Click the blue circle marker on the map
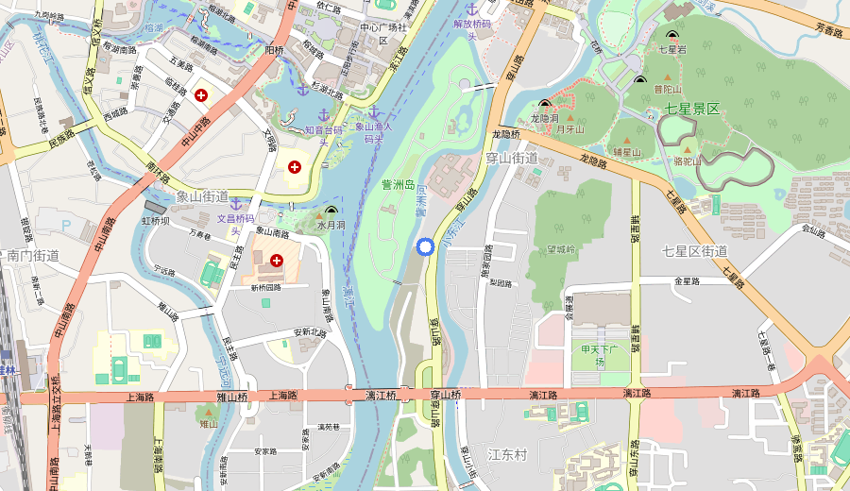point(425,246)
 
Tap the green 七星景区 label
point(684,110)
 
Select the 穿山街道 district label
point(511,158)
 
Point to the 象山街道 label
point(202,197)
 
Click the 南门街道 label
point(33,255)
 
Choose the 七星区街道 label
point(694,250)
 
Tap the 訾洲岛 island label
point(398,184)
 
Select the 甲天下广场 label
point(599,356)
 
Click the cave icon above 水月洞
point(331,212)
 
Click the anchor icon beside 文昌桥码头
point(237,205)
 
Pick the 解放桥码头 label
point(473,29)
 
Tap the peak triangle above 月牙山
point(570,117)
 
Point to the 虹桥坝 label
point(156,221)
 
